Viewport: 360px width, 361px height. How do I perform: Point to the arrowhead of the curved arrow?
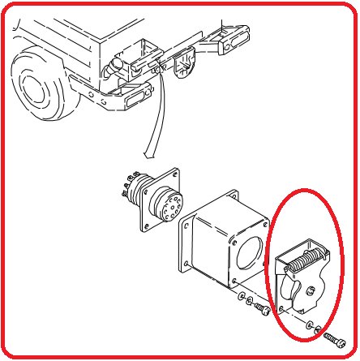click(x=145, y=153)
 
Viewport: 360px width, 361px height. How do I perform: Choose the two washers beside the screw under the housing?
click(x=246, y=305)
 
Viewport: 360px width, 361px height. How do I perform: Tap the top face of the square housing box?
click(x=230, y=211)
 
